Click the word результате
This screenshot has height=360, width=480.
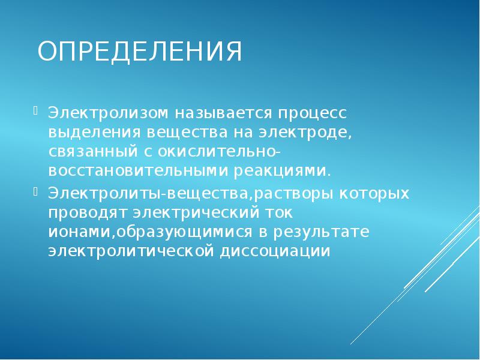pyautogui.click(x=318, y=232)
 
